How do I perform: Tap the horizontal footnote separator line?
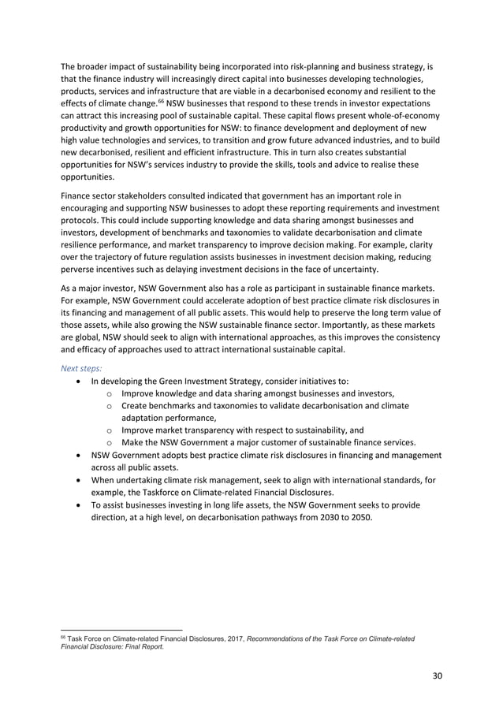click(121, 630)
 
